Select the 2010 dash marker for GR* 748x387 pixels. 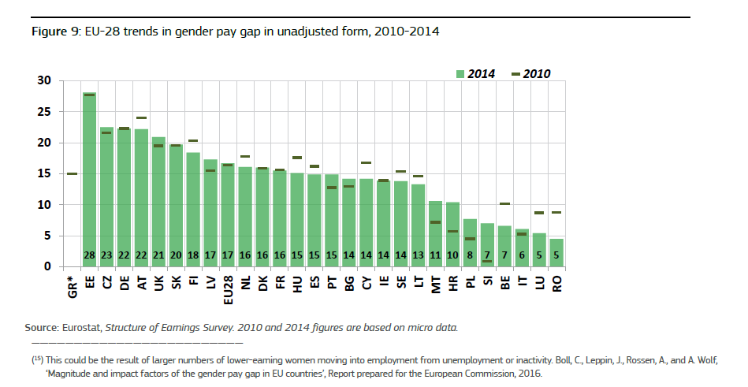click(72, 173)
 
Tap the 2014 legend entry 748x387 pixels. click(474, 73)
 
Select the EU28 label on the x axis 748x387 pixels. click(227, 288)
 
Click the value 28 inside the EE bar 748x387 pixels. click(89, 255)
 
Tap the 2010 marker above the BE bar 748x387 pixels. click(504, 204)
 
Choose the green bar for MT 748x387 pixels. click(435, 233)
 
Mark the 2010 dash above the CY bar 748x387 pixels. click(366, 163)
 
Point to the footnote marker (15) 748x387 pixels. click(37, 359)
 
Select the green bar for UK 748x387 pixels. click(158, 202)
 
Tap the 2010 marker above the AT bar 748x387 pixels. click(141, 118)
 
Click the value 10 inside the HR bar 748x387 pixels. click(452, 255)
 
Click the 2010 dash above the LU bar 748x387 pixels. click(539, 213)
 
